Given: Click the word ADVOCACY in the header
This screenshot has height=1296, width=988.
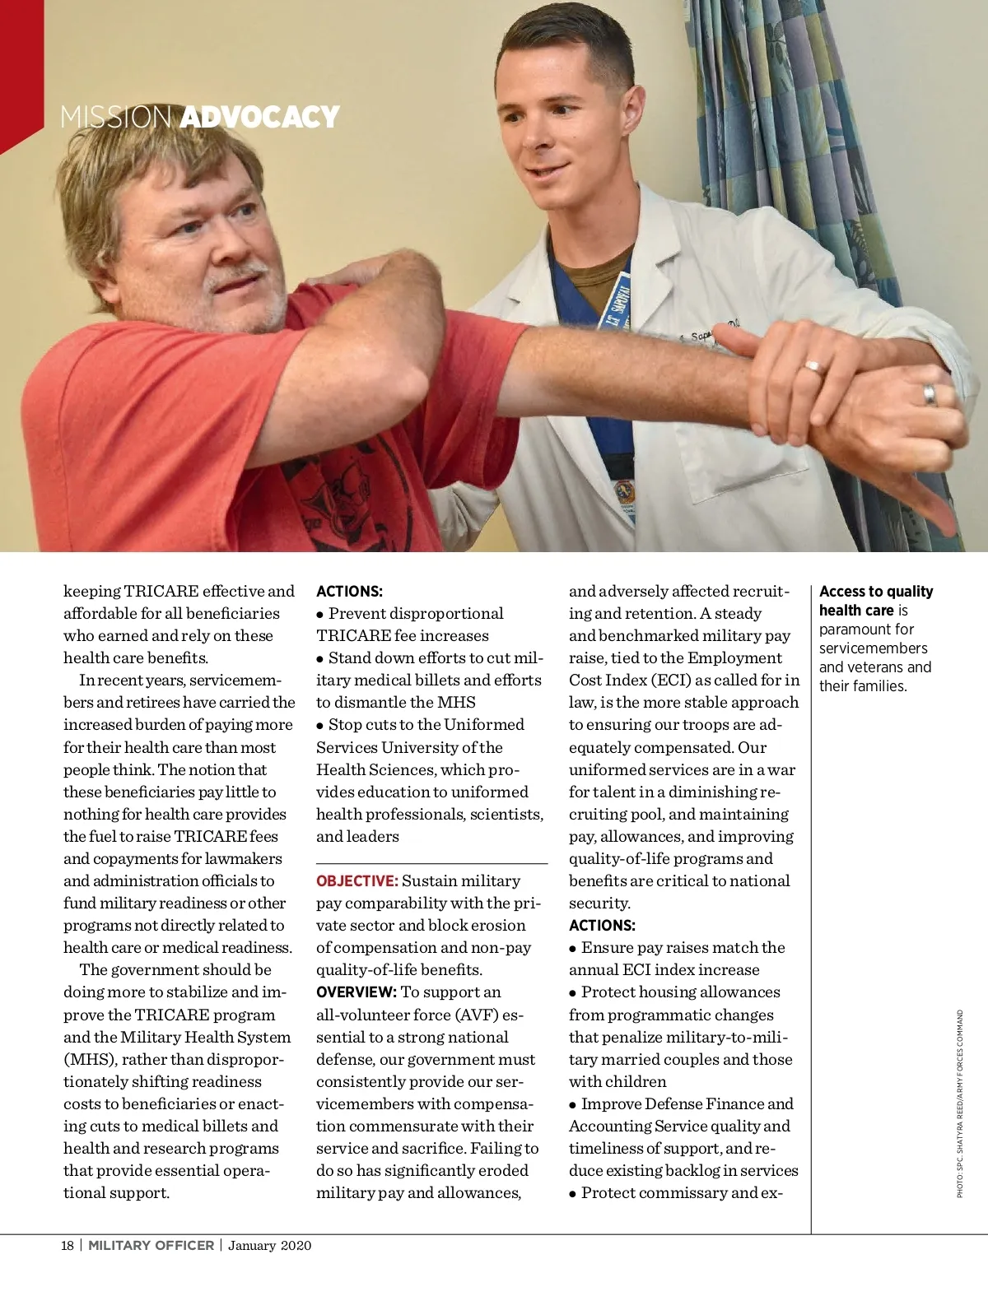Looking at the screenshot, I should click(259, 117).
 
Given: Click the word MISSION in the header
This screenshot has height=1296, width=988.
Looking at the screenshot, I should click(116, 117).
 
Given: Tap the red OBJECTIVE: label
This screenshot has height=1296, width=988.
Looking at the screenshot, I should click(357, 881).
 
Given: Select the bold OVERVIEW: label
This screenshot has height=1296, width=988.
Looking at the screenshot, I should click(357, 992).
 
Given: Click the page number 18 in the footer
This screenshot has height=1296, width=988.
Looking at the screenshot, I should click(68, 1245).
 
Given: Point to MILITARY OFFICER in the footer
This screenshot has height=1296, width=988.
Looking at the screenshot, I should click(151, 1245).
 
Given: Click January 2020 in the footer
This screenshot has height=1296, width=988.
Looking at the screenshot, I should click(270, 1245).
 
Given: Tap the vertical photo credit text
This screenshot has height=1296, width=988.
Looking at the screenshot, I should click(959, 1103).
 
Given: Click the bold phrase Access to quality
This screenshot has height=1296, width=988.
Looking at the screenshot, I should click(876, 592).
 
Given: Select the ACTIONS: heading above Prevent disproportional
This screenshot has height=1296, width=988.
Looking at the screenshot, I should click(349, 592).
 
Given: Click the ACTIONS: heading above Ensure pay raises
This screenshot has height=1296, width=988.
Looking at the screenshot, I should click(602, 926).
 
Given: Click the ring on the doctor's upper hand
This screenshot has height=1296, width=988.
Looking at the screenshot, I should click(813, 366).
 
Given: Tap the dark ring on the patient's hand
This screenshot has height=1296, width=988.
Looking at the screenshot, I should click(929, 395).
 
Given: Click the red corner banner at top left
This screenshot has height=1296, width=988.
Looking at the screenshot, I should click(21, 66).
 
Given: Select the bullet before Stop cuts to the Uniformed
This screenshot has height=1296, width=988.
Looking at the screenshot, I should click(320, 726).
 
